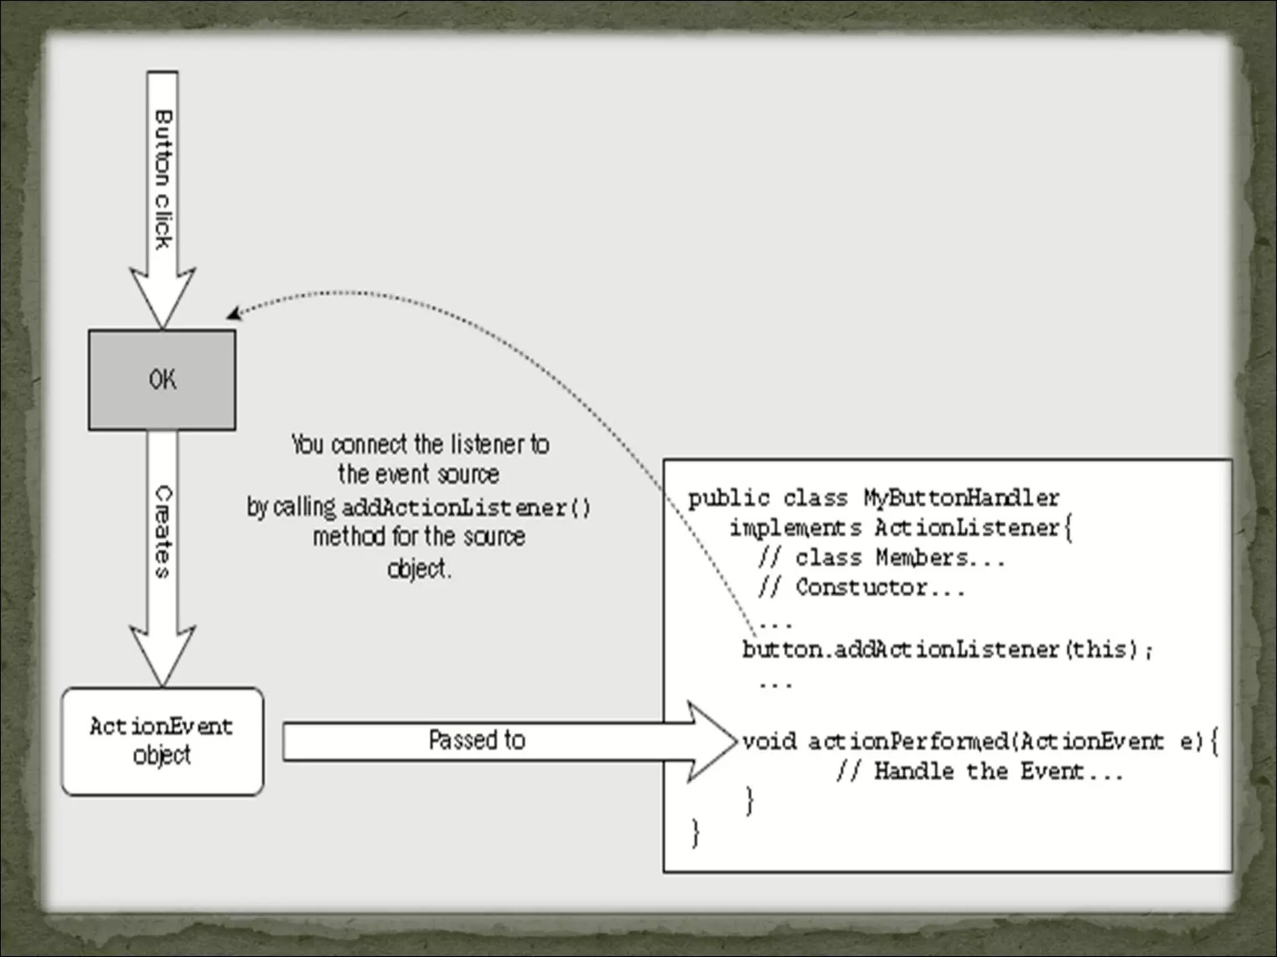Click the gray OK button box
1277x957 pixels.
click(x=162, y=379)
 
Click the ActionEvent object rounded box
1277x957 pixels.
click(x=162, y=741)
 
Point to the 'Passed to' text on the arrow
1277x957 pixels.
click(x=477, y=740)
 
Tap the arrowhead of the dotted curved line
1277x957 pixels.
click(x=234, y=313)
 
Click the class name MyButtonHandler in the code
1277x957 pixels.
click(x=961, y=498)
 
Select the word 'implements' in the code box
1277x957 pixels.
click(x=796, y=528)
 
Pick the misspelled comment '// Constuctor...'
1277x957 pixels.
click(x=861, y=588)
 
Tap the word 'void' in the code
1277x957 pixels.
click(x=769, y=741)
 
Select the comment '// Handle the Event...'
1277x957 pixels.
click(x=979, y=772)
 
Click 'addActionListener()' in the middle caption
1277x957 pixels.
click(x=465, y=508)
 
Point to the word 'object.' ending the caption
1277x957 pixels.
click(x=418, y=569)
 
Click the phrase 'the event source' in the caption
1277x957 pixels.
click(x=418, y=475)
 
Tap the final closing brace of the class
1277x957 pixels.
click(x=696, y=832)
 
